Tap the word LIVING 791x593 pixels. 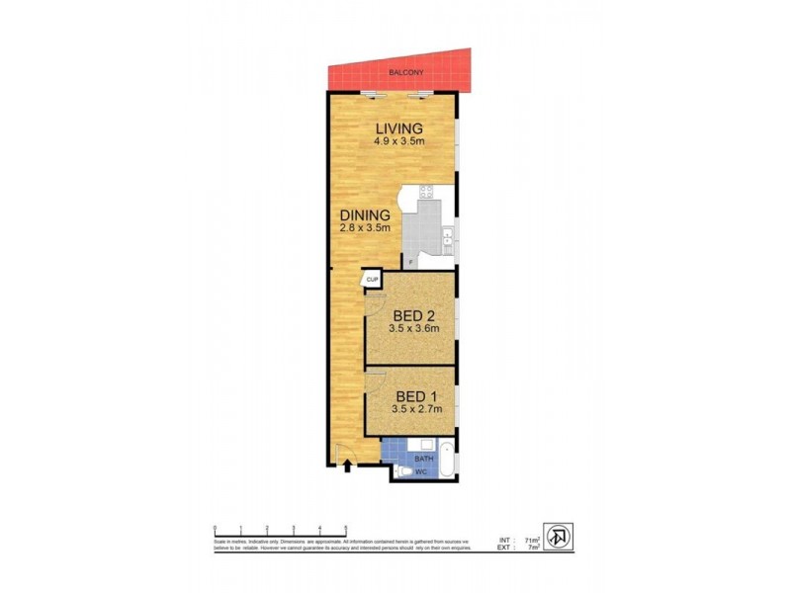pos(398,128)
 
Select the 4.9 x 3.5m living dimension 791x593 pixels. pos(398,141)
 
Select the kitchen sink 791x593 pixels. pos(448,236)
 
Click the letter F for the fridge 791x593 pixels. pos(409,262)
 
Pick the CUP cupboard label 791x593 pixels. pos(373,281)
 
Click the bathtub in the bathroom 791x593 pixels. pos(446,459)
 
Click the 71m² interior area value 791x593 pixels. pos(531,540)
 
